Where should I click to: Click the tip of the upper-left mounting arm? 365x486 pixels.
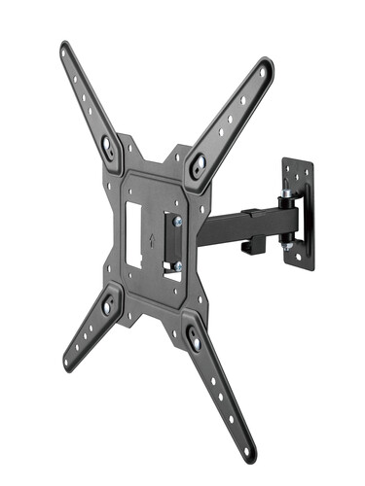[x=66, y=48]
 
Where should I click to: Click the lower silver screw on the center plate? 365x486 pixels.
[x=176, y=265]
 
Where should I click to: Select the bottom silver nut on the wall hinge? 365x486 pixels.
[x=288, y=248]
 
